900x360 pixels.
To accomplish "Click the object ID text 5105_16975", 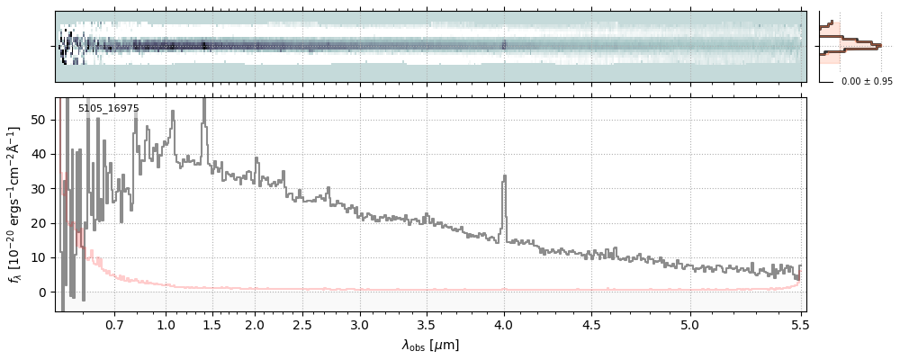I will pos(108,109).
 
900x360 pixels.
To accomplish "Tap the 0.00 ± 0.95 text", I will pos(866,81).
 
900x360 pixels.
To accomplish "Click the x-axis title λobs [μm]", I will pos(430,345).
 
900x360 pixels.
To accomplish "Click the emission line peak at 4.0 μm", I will pos(504,176).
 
